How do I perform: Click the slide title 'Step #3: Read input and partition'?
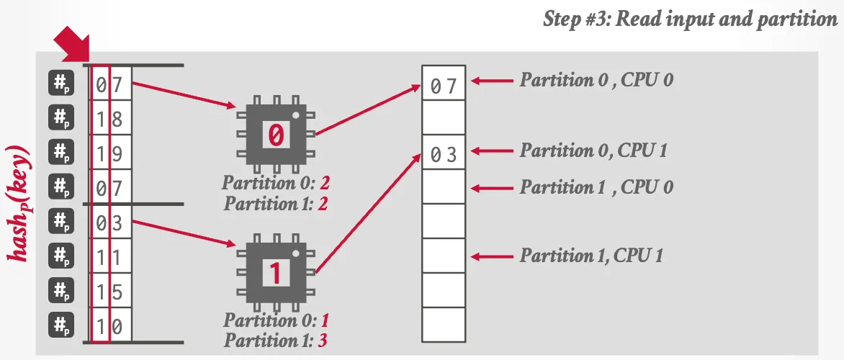coord(690,19)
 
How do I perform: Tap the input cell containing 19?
coord(110,154)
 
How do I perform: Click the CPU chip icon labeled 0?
coord(277,134)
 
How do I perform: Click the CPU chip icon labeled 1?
coord(277,272)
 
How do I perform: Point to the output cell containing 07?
coord(444,85)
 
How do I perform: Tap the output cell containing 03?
coord(444,154)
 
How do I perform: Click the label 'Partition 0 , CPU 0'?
coord(597,80)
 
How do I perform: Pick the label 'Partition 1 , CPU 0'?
coord(597,187)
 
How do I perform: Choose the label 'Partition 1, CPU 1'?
coord(592,255)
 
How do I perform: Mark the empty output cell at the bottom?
coord(444,325)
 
